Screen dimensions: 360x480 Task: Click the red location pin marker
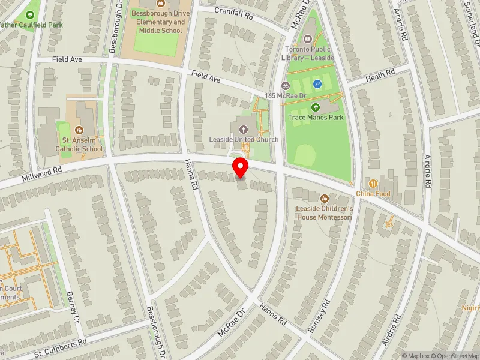pyautogui.click(x=241, y=168)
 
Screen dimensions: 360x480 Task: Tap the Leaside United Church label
pyautogui.click(x=244, y=140)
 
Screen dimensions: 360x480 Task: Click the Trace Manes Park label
pyautogui.click(x=316, y=118)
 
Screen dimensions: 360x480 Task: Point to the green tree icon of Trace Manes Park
pyautogui.click(x=316, y=107)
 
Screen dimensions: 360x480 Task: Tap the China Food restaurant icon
pyautogui.click(x=373, y=183)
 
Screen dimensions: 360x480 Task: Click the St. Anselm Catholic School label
pyautogui.click(x=79, y=145)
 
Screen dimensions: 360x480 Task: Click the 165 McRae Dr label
pyautogui.click(x=286, y=96)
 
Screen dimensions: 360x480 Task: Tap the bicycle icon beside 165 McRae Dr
pyautogui.click(x=286, y=86)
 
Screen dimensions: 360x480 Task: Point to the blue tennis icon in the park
pyautogui.click(x=317, y=85)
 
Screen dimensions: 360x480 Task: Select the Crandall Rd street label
pyautogui.click(x=235, y=14)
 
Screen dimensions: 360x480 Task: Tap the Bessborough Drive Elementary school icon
pyautogui.click(x=159, y=4)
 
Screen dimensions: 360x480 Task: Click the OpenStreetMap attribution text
pyautogui.click(x=452, y=356)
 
